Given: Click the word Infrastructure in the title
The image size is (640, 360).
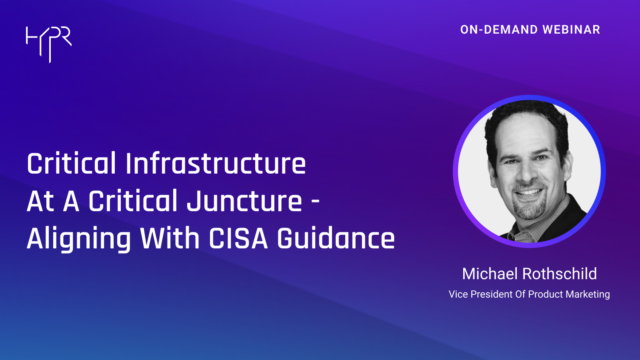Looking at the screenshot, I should [216, 164].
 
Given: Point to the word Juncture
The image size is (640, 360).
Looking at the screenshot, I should [244, 201].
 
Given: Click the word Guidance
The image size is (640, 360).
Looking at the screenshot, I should [336, 238].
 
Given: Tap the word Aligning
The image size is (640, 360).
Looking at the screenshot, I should [79, 239].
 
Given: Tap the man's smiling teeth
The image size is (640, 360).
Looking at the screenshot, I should [530, 192].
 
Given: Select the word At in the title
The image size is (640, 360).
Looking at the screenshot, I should [40, 201].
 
